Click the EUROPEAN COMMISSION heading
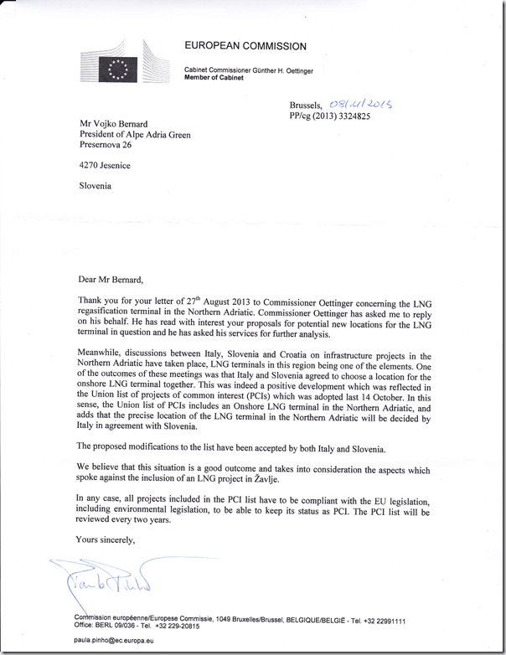[x=245, y=46]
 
